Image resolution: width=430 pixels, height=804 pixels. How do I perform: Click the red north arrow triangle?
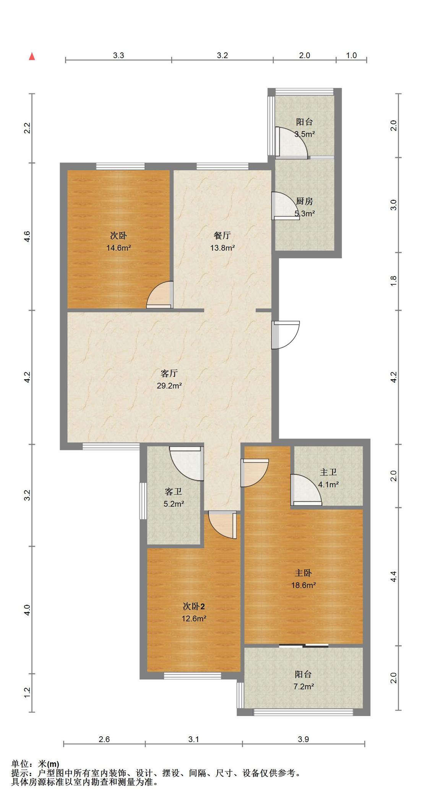tap(32, 57)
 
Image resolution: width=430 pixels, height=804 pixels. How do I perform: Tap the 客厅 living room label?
tap(169, 373)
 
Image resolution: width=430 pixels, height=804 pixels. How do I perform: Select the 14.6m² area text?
tap(118, 248)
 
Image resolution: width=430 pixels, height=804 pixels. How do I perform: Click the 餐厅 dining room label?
tap(222, 236)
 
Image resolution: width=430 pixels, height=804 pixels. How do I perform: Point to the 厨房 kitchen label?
tap(305, 201)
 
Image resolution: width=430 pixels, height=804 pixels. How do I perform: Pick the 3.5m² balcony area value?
tap(305, 134)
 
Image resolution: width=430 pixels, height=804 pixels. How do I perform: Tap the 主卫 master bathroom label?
tap(328, 473)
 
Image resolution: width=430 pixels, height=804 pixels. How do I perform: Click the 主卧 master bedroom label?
tap(303, 573)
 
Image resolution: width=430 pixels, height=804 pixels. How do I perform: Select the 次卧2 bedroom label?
tap(194, 606)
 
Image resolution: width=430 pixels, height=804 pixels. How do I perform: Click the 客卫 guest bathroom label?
tap(174, 492)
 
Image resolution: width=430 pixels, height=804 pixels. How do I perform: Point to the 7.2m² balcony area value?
tap(303, 687)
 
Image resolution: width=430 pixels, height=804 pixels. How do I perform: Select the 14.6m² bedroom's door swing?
tap(160, 294)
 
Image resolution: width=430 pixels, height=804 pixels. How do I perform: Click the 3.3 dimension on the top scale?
tap(118, 55)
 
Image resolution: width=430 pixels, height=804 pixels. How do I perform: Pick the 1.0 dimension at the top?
tap(351, 55)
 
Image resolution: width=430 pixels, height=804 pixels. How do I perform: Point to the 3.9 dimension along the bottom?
tap(303, 739)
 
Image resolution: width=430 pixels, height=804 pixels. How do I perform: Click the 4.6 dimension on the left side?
tap(27, 237)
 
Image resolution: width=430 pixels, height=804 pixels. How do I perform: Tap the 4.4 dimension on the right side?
tap(394, 577)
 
